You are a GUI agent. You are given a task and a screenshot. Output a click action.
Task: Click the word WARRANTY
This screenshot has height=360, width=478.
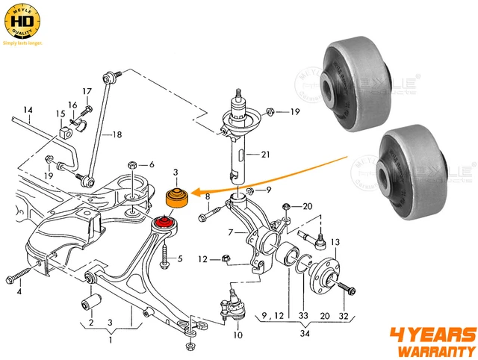point(435,350)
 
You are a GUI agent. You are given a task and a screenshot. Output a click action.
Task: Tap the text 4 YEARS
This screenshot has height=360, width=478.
point(433,333)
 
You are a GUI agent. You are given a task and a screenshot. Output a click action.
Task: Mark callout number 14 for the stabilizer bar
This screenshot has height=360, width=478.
point(27,111)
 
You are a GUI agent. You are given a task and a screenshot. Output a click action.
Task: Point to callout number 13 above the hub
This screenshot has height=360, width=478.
point(335,242)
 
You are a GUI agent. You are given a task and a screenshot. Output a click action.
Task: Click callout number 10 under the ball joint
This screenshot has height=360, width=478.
point(238,335)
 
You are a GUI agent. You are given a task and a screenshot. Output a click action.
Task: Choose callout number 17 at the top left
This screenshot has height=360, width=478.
point(87,92)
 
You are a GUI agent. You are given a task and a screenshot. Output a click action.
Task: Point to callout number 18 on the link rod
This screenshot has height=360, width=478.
point(117,134)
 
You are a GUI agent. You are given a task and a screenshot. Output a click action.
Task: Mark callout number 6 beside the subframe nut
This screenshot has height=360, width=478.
point(151,165)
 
